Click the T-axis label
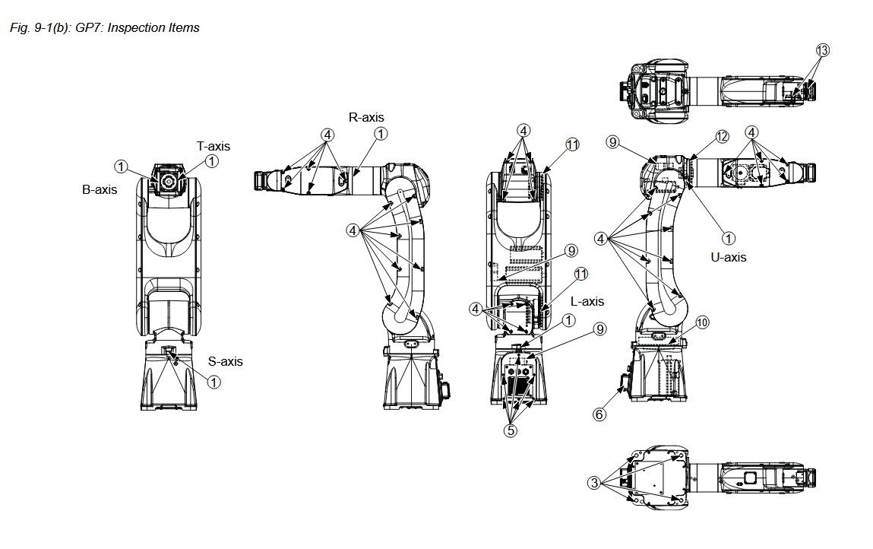tap(213, 146)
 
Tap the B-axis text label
tap(100, 189)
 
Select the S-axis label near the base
tap(226, 361)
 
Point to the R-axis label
tap(366, 117)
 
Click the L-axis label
tap(587, 302)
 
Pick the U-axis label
tap(729, 257)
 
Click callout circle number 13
tap(822, 50)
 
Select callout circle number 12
tap(721, 136)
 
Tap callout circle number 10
tap(702, 322)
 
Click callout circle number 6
tap(599, 414)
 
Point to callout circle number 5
tap(511, 430)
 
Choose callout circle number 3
tap(593, 482)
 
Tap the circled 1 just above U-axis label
tap(728, 238)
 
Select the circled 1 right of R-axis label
tap(380, 134)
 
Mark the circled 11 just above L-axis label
tap(581, 274)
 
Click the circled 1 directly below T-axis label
tap(212, 161)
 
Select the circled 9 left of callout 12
tap(613, 141)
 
